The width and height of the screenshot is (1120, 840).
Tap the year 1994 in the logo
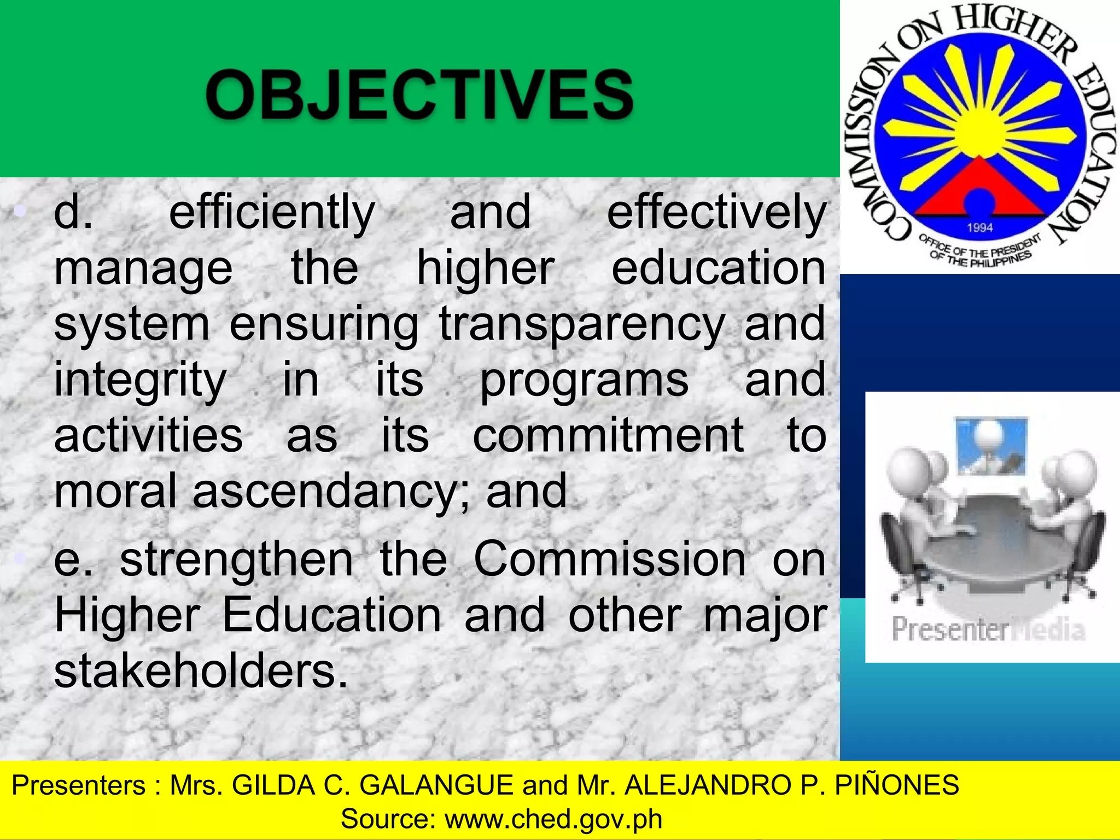979,227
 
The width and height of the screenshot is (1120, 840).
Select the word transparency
582,324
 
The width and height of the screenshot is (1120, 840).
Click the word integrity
140,380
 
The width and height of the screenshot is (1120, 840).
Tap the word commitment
608,435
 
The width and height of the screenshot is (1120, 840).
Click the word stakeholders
201,671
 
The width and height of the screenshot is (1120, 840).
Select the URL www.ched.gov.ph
553,819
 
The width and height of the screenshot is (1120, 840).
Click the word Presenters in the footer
79,785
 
